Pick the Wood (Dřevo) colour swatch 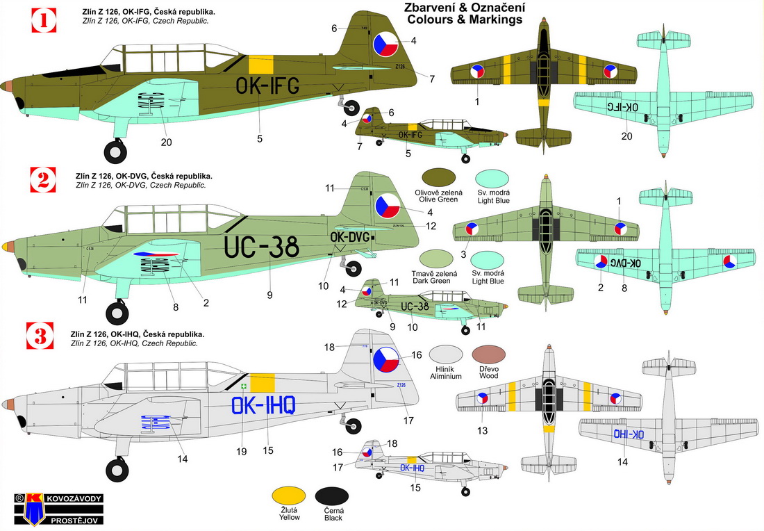click(490, 356)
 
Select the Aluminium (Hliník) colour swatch click(445, 356)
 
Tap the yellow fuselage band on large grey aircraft click(262, 382)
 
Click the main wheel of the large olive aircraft click(115, 150)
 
